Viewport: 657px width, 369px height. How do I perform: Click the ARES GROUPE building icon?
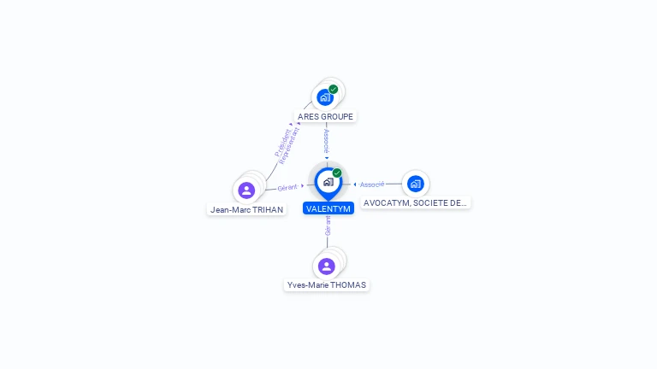point(325,97)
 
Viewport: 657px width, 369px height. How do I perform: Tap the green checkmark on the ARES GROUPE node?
point(334,89)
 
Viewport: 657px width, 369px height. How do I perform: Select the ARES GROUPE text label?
point(325,116)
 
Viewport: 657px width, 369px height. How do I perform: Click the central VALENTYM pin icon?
point(328,182)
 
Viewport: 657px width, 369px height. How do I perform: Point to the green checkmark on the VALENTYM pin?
point(337,173)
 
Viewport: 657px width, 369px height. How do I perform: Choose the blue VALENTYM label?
point(328,208)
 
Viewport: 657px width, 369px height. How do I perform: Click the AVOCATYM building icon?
point(416,183)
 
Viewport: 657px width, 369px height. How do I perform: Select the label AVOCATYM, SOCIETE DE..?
point(416,203)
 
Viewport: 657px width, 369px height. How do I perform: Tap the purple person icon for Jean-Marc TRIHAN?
point(246,190)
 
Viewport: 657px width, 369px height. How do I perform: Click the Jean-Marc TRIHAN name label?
point(246,209)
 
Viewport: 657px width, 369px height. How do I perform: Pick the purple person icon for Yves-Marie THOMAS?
point(327,266)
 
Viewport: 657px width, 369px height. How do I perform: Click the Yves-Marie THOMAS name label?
point(327,285)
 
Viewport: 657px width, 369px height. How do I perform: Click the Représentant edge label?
point(291,145)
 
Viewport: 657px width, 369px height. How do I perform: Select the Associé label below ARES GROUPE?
point(326,141)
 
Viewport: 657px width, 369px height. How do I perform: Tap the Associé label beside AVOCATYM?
point(372,184)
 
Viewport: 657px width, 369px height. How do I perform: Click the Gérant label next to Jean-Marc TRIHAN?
point(287,187)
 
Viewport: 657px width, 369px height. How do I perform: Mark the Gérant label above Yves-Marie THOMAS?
point(328,225)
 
